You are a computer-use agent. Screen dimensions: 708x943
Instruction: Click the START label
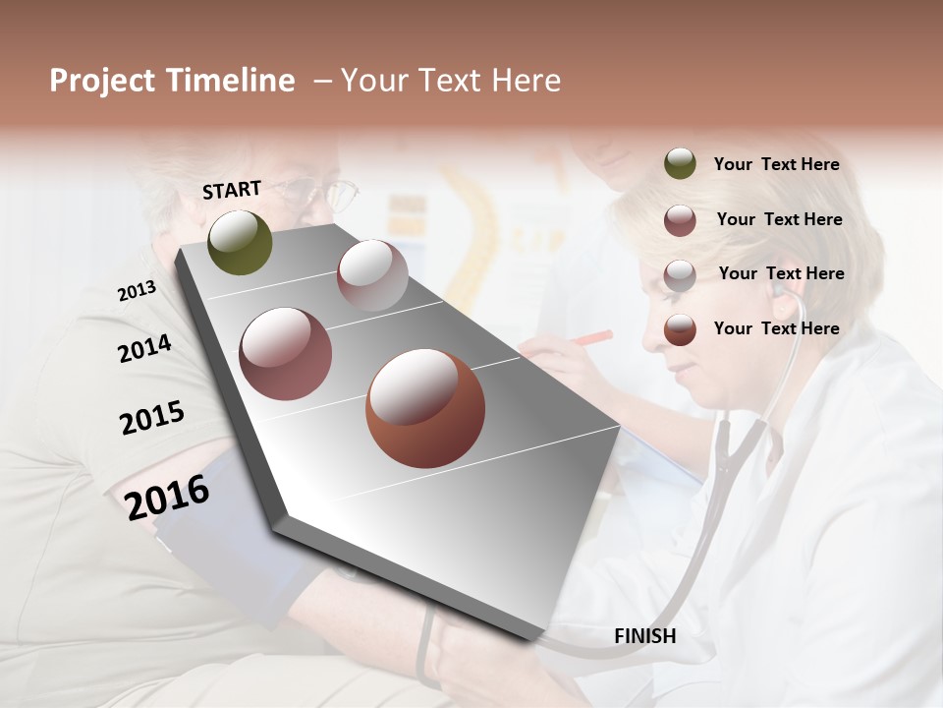pos(232,190)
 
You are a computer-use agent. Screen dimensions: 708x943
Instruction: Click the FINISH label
pos(644,636)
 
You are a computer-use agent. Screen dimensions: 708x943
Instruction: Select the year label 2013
pos(137,290)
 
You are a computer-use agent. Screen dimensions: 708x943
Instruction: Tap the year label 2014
pos(144,348)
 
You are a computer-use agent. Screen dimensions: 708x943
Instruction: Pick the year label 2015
pos(151,418)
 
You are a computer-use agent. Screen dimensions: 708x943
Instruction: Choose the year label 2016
pos(167,497)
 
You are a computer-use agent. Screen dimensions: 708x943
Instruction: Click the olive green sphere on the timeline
pos(240,242)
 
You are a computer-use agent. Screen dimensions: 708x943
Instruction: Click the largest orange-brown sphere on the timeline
pos(424,408)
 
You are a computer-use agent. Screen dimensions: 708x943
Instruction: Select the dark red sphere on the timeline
pos(285,354)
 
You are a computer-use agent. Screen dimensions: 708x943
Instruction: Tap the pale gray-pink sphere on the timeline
pos(372,275)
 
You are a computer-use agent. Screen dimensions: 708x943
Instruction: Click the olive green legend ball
pos(680,164)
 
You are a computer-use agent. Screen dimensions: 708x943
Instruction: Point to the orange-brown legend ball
pos(680,329)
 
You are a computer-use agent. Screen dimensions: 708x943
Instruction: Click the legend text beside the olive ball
pos(776,164)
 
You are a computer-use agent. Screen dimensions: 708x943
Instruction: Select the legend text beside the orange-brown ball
pos(776,328)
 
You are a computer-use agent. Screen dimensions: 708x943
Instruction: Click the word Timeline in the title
pos(232,81)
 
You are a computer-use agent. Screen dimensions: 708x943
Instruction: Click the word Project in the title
pos(101,81)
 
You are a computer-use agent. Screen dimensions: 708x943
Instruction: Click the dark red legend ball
pos(680,220)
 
